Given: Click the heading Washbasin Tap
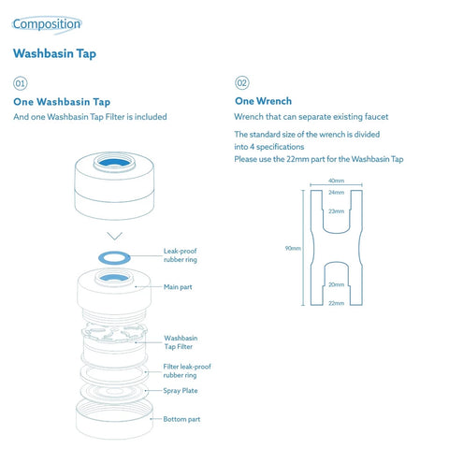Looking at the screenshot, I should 54,53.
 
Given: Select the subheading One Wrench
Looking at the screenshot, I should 263,101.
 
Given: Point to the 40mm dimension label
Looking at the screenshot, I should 336,181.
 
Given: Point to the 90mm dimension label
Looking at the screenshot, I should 294,249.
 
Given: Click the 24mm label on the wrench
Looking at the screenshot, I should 336,193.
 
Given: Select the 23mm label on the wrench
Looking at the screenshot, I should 336,211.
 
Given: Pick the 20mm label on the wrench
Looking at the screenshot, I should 336,284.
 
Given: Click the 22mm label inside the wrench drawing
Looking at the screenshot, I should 336,303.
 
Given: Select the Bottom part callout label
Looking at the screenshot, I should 182,419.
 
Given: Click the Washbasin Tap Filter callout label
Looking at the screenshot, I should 181,342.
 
